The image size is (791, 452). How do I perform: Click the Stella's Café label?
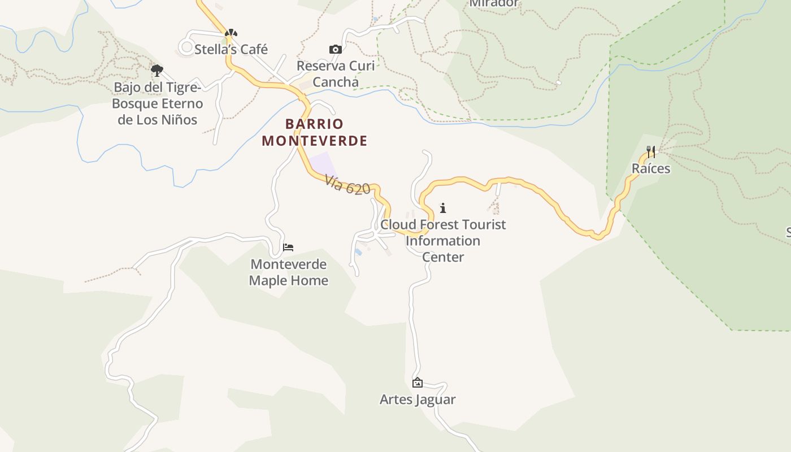tap(231, 49)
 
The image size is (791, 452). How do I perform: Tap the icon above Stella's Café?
tap(231, 33)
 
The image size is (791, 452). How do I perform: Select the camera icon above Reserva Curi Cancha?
tap(336, 50)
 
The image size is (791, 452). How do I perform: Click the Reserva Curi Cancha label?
tap(336, 73)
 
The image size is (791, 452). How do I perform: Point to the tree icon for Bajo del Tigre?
tap(157, 71)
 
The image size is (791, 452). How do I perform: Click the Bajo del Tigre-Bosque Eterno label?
tap(157, 103)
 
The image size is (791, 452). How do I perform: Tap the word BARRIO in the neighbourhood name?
tap(314, 124)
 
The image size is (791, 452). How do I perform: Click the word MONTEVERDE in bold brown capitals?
tap(315, 141)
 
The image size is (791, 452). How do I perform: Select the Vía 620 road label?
tap(347, 184)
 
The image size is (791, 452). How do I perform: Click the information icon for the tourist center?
tap(443, 208)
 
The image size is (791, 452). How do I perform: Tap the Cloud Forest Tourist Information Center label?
tap(443, 241)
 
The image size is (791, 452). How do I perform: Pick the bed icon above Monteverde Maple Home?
tap(288, 247)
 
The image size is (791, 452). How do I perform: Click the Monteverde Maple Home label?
tap(288, 272)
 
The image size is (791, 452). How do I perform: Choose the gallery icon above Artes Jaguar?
tap(418, 383)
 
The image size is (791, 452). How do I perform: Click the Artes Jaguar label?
tap(418, 399)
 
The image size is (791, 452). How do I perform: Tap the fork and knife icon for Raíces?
tap(651, 151)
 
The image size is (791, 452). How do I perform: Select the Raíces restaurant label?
tap(651, 168)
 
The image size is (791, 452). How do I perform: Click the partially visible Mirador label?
tap(494, 3)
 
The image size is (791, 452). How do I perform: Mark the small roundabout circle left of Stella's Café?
tap(186, 46)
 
